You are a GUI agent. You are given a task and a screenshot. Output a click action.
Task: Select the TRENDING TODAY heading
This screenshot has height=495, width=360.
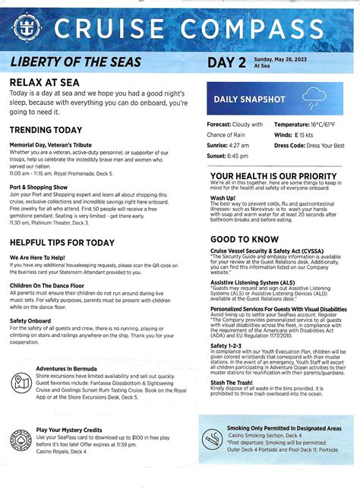[46, 130]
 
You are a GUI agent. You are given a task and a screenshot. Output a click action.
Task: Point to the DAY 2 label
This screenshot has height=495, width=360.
[226, 62]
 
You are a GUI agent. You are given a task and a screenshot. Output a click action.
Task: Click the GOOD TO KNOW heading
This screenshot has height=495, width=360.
[245, 239]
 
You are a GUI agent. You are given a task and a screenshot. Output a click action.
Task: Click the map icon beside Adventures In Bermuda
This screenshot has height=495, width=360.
[21, 381]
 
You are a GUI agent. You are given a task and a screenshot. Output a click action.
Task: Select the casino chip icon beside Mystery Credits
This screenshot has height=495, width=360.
[21, 439]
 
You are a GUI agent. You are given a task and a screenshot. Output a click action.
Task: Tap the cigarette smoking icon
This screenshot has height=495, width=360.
[213, 439]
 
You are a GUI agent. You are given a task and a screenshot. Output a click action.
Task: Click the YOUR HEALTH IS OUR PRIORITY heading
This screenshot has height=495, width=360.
[273, 176]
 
